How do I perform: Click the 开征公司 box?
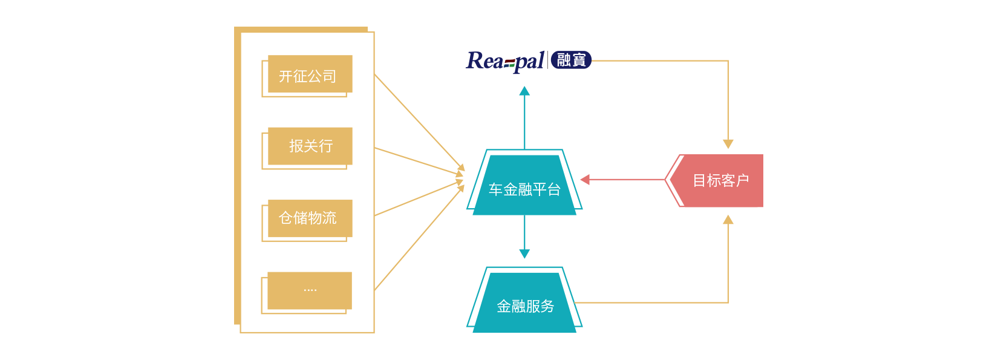point(310,74)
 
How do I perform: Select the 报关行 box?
point(310,146)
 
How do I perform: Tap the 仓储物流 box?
point(310,218)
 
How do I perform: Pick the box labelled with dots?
point(310,290)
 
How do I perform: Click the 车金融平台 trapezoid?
point(524,184)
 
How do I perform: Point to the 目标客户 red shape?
point(720,180)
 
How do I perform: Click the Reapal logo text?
point(506,61)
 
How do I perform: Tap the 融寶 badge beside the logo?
point(571,60)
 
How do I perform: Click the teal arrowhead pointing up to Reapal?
point(524,91)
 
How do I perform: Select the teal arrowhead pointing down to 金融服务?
point(524,254)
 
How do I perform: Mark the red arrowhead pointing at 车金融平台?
point(585,179)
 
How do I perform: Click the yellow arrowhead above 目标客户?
point(728,144)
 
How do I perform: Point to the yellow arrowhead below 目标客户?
point(728,220)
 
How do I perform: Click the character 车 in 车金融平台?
point(496,190)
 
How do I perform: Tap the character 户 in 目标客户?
point(742,180)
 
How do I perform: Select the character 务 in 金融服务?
point(547,306)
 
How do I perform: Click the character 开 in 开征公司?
point(285,76)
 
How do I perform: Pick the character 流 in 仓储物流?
point(330,218)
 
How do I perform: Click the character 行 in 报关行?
point(325,146)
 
